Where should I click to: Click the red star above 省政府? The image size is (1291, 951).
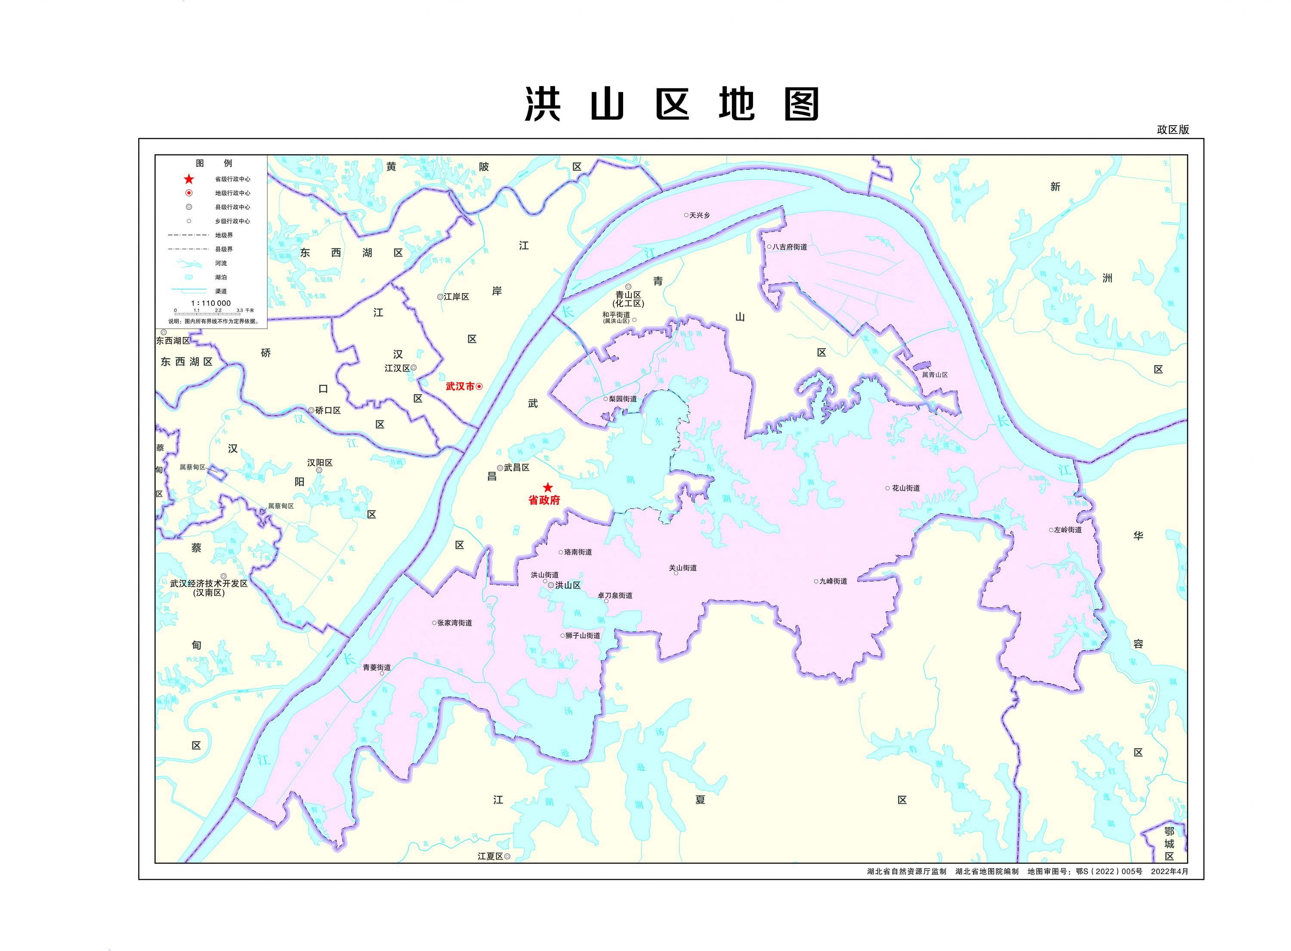(547, 488)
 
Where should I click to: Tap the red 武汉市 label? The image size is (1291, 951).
(460, 386)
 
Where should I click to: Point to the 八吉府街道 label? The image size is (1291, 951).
(789, 247)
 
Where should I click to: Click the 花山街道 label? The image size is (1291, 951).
(905, 488)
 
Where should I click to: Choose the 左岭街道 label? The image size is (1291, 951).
(1068, 530)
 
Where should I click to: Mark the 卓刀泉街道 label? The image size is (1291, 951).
(615, 596)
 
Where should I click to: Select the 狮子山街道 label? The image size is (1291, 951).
(583, 635)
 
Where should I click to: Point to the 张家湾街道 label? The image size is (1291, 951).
(454, 623)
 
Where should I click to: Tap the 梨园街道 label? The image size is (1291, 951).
(623, 399)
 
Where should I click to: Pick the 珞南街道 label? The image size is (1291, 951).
(578, 552)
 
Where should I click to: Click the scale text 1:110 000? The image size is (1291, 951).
(210, 304)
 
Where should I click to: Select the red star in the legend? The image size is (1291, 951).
(189, 179)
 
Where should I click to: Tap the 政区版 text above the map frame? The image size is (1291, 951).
(1173, 130)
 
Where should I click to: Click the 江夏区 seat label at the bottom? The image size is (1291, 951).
(490, 857)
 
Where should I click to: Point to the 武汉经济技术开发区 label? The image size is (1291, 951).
(208, 584)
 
